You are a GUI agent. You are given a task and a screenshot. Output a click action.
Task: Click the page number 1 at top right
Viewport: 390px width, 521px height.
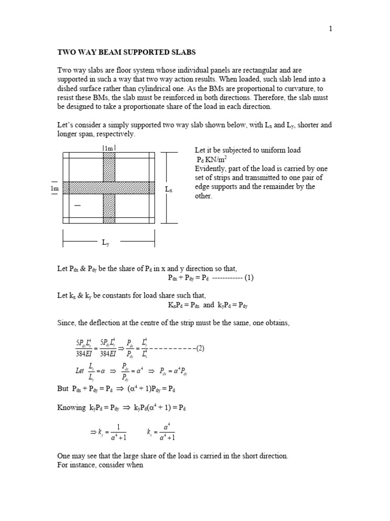tap(331, 29)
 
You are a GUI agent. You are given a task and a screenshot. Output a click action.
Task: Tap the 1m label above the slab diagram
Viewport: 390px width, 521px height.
tap(109, 148)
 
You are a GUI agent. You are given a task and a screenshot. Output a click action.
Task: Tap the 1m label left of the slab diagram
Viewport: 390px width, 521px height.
tap(54, 188)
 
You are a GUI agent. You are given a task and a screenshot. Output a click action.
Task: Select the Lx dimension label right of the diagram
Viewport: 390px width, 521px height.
tap(169, 189)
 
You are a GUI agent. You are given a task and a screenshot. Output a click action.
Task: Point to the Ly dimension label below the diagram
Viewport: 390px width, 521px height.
tap(106, 243)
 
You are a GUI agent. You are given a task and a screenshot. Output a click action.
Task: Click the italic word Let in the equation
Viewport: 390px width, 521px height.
tap(80, 371)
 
